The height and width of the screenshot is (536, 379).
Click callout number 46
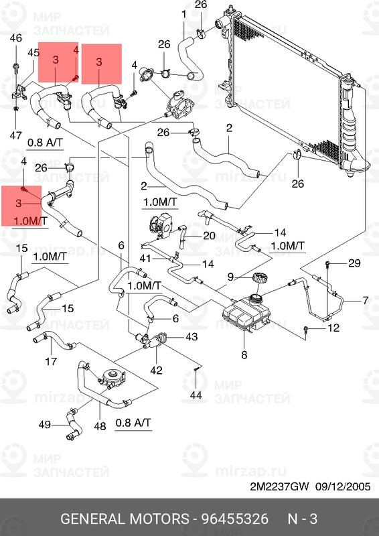(15, 38)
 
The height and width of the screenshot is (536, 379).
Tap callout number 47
(15, 135)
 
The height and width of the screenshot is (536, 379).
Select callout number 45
(33, 53)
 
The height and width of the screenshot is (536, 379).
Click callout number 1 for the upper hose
(184, 15)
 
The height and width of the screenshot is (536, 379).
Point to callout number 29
(354, 263)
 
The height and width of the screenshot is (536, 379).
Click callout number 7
(366, 300)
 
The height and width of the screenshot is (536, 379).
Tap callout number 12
(333, 328)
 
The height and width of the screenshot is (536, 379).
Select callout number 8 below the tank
(244, 355)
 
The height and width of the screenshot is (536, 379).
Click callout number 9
(230, 277)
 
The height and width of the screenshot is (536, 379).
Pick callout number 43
(192, 337)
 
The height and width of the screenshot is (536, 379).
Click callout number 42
(156, 370)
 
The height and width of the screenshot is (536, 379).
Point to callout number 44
(196, 395)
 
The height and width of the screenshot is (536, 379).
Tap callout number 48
(100, 426)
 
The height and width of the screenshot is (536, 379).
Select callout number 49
(44, 425)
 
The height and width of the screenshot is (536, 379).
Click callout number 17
(51, 361)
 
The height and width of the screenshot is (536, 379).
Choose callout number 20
(209, 236)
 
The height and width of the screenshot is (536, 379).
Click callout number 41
(145, 259)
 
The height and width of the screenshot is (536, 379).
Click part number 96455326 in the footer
(235, 519)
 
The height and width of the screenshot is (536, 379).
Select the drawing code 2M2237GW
(279, 486)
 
